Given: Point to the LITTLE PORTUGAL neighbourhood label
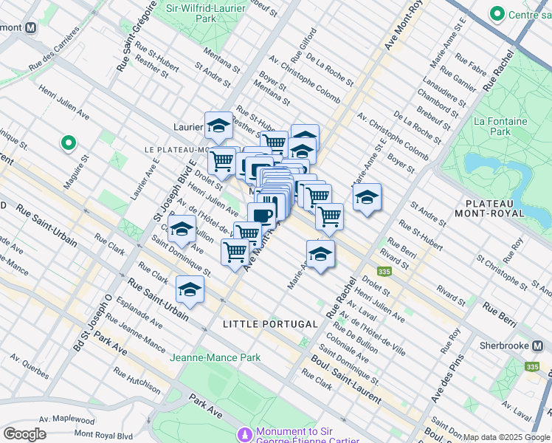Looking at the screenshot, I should pyautogui.click(x=270, y=324).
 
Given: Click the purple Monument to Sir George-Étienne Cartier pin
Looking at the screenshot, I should pyautogui.click(x=244, y=433).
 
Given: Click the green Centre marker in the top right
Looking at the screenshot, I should pyautogui.click(x=497, y=14).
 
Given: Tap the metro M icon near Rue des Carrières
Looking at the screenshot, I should pyautogui.click(x=31, y=27).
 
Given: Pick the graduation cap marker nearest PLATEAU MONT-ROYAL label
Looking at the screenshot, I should pyautogui.click(x=367, y=197).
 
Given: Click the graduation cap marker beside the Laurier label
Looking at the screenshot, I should pyautogui.click(x=218, y=127).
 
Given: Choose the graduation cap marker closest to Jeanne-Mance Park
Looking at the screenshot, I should pyautogui.click(x=190, y=289).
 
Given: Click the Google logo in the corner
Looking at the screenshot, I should pyautogui.click(x=25, y=433).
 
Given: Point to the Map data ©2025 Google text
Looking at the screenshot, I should pyautogui.click(x=506, y=437).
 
